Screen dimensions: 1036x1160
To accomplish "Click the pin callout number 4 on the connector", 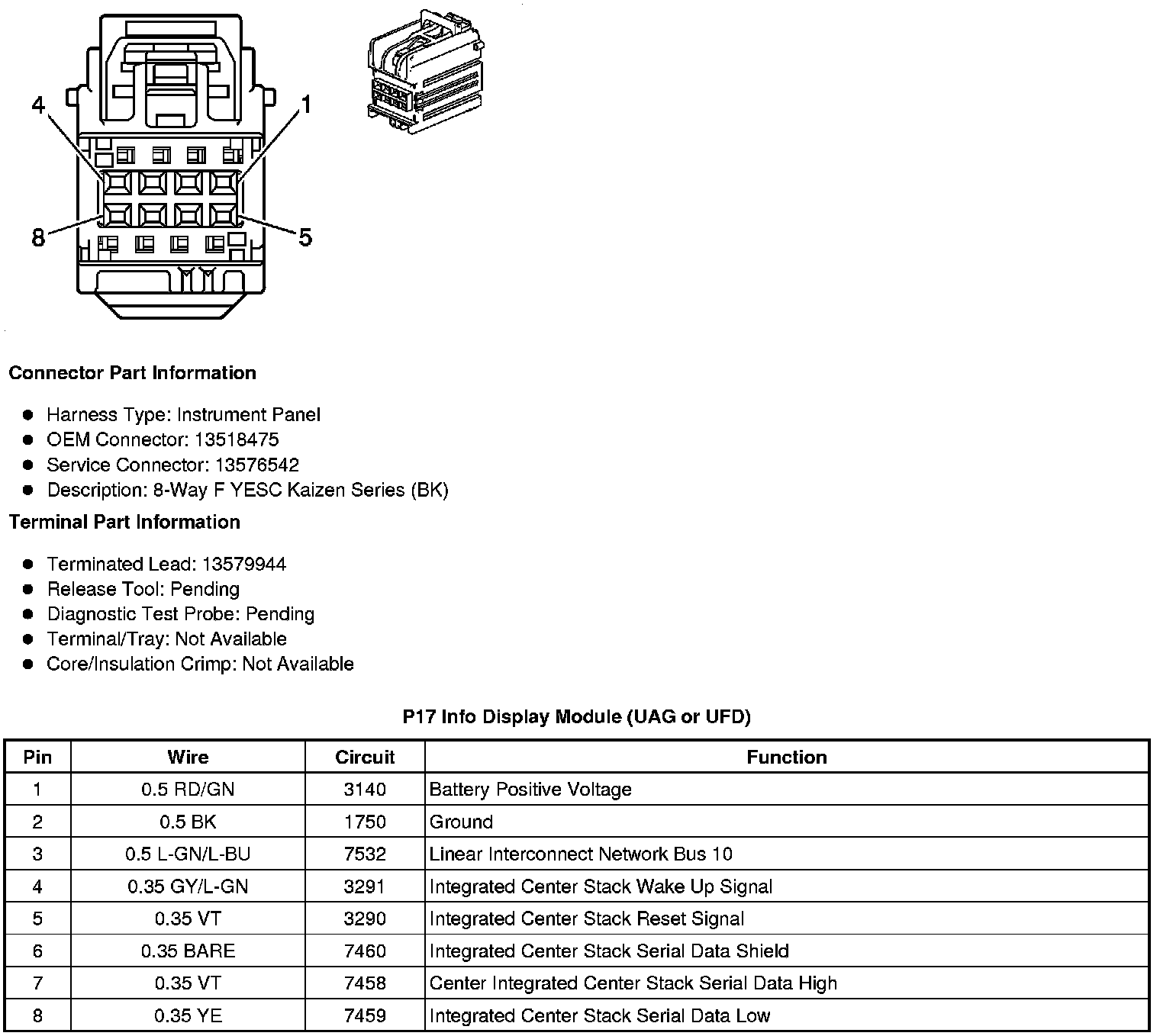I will click(x=39, y=105).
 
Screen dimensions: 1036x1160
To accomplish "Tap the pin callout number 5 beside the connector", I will click(x=305, y=238).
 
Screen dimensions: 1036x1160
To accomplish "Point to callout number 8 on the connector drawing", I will click(x=38, y=238).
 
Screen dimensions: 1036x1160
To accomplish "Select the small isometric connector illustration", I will click(x=426, y=74).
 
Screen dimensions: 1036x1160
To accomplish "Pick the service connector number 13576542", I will click(x=256, y=465).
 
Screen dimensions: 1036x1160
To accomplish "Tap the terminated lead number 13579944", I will click(x=244, y=565).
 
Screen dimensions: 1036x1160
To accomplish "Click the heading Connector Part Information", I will click(x=132, y=373).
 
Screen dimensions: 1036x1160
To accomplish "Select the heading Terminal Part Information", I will click(x=124, y=523).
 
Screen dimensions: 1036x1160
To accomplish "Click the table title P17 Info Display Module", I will click(x=576, y=717).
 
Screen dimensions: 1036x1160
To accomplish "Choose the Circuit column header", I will click(x=365, y=758).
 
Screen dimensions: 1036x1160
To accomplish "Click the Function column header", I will click(x=786, y=758).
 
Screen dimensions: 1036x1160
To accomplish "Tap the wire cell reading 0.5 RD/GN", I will click(x=188, y=790).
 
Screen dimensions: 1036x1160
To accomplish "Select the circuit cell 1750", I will click(x=365, y=822).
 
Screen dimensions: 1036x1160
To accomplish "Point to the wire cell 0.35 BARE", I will click(x=188, y=951).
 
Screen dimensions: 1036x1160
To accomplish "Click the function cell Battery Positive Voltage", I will click(x=530, y=790).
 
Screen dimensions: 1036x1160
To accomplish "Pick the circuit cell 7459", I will click(x=365, y=1016).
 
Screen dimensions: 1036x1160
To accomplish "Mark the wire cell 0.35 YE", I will click(x=188, y=1016).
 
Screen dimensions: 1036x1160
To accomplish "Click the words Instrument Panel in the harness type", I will click(x=248, y=415).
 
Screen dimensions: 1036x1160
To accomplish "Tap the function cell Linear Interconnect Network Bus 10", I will click(x=581, y=854).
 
